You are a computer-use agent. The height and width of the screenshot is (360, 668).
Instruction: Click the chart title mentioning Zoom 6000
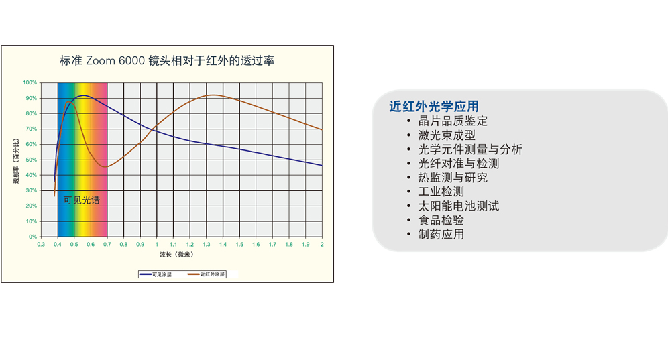167,60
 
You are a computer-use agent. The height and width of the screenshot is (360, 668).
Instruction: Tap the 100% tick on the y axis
30,82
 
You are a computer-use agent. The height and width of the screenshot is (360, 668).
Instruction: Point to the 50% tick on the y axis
31,160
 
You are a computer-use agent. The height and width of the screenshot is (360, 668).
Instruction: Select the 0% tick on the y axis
33,237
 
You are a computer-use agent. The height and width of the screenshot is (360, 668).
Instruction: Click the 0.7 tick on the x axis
107,245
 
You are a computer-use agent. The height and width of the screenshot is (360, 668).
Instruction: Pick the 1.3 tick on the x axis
206,245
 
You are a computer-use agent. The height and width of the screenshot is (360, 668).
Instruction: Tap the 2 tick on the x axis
322,245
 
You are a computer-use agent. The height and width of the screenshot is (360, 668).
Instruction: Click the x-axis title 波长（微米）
177,255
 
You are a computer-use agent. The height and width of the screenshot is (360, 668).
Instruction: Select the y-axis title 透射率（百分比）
16,161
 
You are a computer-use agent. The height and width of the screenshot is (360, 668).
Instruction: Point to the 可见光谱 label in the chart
81,200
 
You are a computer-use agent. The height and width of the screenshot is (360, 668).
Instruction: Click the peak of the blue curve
83,95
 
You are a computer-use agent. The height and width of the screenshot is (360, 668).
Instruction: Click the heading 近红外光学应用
434,106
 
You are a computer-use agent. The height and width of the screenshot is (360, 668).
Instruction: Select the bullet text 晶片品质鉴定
453,121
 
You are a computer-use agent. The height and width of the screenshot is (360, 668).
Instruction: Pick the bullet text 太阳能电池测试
458,206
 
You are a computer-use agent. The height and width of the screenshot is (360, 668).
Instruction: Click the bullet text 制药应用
441,235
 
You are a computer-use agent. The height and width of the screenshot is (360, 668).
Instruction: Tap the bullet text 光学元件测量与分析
470,149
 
